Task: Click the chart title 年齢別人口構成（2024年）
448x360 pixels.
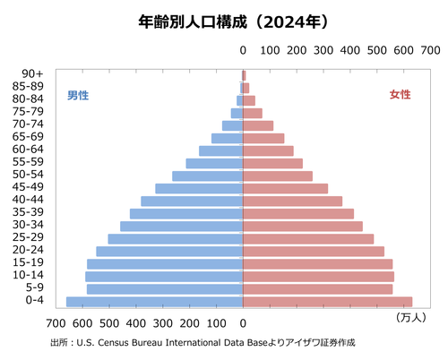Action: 223,19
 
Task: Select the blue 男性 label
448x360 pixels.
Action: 78,95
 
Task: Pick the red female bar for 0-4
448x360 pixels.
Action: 328,302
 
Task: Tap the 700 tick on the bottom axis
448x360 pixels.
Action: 56,321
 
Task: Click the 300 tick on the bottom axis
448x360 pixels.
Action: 163,321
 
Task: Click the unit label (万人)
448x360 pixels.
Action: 410,317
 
